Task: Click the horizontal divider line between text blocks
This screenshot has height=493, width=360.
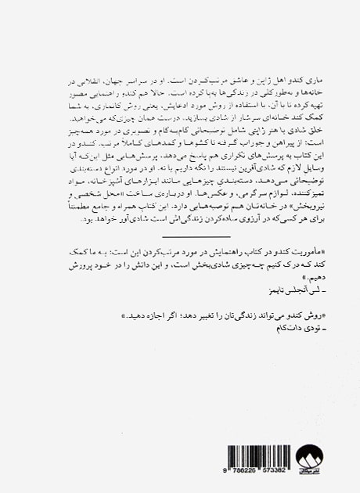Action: coord(196,236)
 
